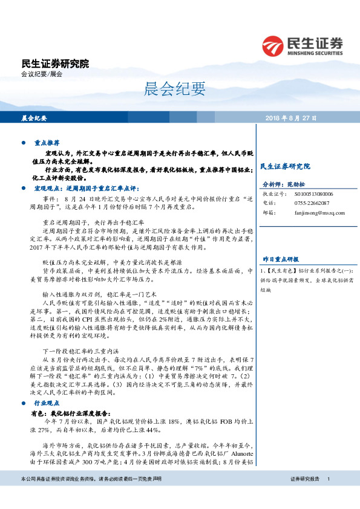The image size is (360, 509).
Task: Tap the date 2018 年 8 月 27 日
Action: (292, 117)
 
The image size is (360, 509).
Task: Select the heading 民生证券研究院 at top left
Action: (54, 63)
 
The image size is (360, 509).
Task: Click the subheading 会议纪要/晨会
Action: (42, 74)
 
